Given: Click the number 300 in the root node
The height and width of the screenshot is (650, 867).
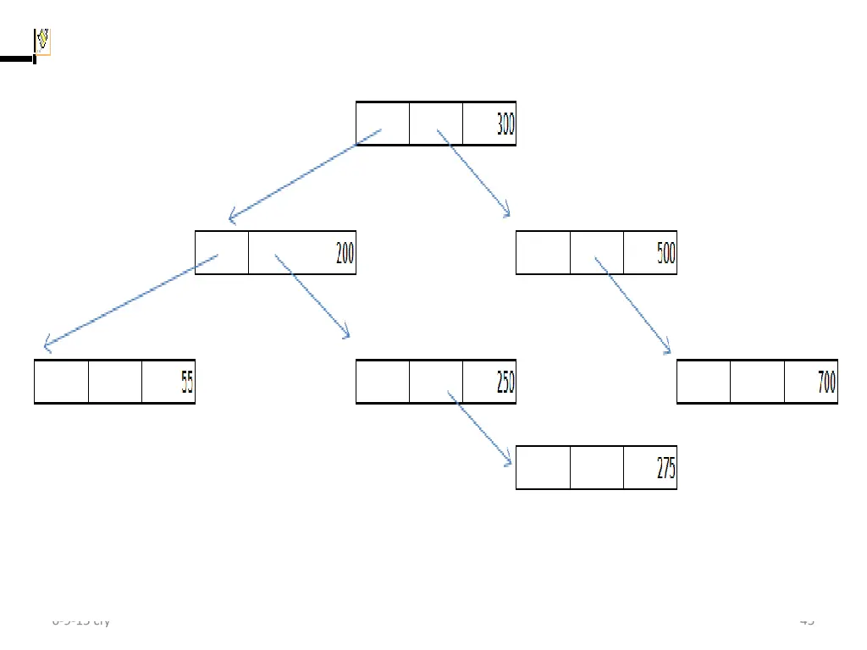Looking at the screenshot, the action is point(505,125).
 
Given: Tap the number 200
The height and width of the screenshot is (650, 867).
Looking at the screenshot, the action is point(345,253).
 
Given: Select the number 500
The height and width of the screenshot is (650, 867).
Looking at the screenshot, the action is point(666,254).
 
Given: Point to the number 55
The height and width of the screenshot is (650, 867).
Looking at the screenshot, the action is point(186,383).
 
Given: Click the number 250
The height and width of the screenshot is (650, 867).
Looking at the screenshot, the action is point(505,383).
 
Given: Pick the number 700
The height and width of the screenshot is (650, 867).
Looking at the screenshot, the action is point(826,383).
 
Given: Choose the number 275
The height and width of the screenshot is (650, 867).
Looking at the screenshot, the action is point(666,468).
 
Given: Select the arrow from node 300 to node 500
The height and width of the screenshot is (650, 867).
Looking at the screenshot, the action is point(474,174).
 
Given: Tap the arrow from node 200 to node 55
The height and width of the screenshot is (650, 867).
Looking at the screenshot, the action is point(131,301).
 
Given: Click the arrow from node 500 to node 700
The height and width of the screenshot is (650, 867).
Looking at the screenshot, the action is point(633,306).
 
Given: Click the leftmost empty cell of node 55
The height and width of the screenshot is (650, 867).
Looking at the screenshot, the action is point(61,382).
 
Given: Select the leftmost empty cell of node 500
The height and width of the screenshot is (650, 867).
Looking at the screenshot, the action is point(543,252).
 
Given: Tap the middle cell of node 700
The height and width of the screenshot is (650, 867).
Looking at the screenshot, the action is point(757,382).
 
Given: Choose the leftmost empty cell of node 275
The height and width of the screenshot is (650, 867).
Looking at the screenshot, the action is point(543,467).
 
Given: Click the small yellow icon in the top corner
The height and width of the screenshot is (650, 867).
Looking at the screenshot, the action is point(42,41).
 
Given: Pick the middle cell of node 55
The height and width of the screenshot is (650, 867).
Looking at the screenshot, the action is point(115,382).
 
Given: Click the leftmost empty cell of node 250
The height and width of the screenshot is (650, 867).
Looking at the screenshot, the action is point(383,382).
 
